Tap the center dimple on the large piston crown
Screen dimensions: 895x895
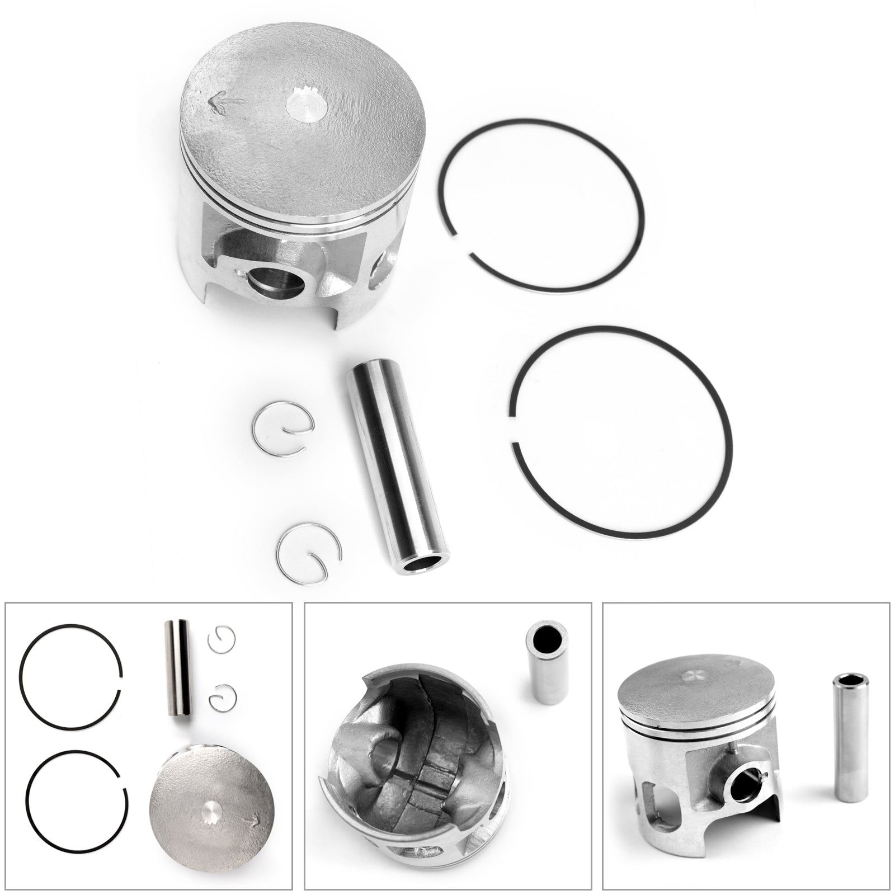(305, 105)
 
